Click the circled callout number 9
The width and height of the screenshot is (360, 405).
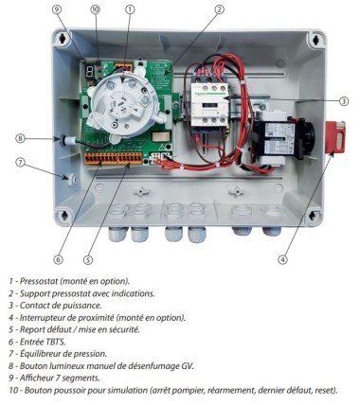pyautogui.click(x=57, y=9)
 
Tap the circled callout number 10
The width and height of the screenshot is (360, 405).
pyautogui.click(x=95, y=9)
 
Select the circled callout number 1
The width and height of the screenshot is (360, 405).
pyautogui.click(x=130, y=9)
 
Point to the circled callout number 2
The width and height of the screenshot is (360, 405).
pyautogui.click(x=220, y=9)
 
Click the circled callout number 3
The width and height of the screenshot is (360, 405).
pyautogui.click(x=344, y=101)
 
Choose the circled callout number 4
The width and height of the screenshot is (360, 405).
pyautogui.click(x=282, y=259)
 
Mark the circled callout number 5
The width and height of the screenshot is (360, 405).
pyautogui.click(x=88, y=259)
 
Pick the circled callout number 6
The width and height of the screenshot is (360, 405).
pyautogui.click(x=58, y=259)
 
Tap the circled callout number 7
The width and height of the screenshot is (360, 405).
pyautogui.click(x=20, y=163)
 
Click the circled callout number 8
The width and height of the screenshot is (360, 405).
pyautogui.click(x=20, y=138)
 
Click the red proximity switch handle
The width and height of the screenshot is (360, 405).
pyautogui.click(x=335, y=137)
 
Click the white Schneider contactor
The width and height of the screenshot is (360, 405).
pyautogui.click(x=209, y=101)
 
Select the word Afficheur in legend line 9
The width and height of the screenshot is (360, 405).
pyautogui.click(x=34, y=378)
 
